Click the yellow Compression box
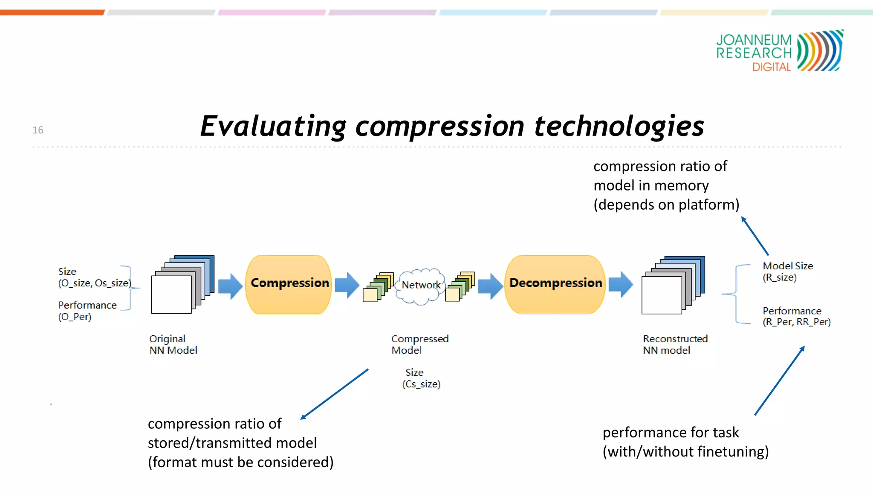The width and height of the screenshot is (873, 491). tap(289, 284)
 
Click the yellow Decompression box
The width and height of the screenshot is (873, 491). tap(555, 284)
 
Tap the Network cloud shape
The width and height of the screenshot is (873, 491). tap(420, 286)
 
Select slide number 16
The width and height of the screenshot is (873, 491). tap(38, 130)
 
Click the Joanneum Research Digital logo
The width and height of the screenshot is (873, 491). tap(779, 51)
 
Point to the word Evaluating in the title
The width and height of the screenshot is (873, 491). tap(273, 127)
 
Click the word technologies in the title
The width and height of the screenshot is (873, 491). tap(619, 127)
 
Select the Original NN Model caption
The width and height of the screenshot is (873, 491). tap(173, 344)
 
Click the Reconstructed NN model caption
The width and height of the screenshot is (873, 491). tap(675, 344)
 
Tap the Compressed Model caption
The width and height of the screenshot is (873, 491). tap(419, 344)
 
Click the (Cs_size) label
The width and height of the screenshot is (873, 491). tap(421, 384)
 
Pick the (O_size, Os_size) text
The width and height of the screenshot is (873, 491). tap(95, 283)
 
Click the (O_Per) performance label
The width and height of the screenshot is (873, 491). tap(75, 317)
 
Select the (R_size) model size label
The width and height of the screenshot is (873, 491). tap(780, 277)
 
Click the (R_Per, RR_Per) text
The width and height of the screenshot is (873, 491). tap(796, 322)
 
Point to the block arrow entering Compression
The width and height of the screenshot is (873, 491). tap(230, 286)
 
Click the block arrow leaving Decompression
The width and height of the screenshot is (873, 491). tap(621, 284)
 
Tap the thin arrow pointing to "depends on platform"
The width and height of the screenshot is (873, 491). tap(755, 236)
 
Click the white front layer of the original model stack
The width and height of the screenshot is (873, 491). tap(171, 295)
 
